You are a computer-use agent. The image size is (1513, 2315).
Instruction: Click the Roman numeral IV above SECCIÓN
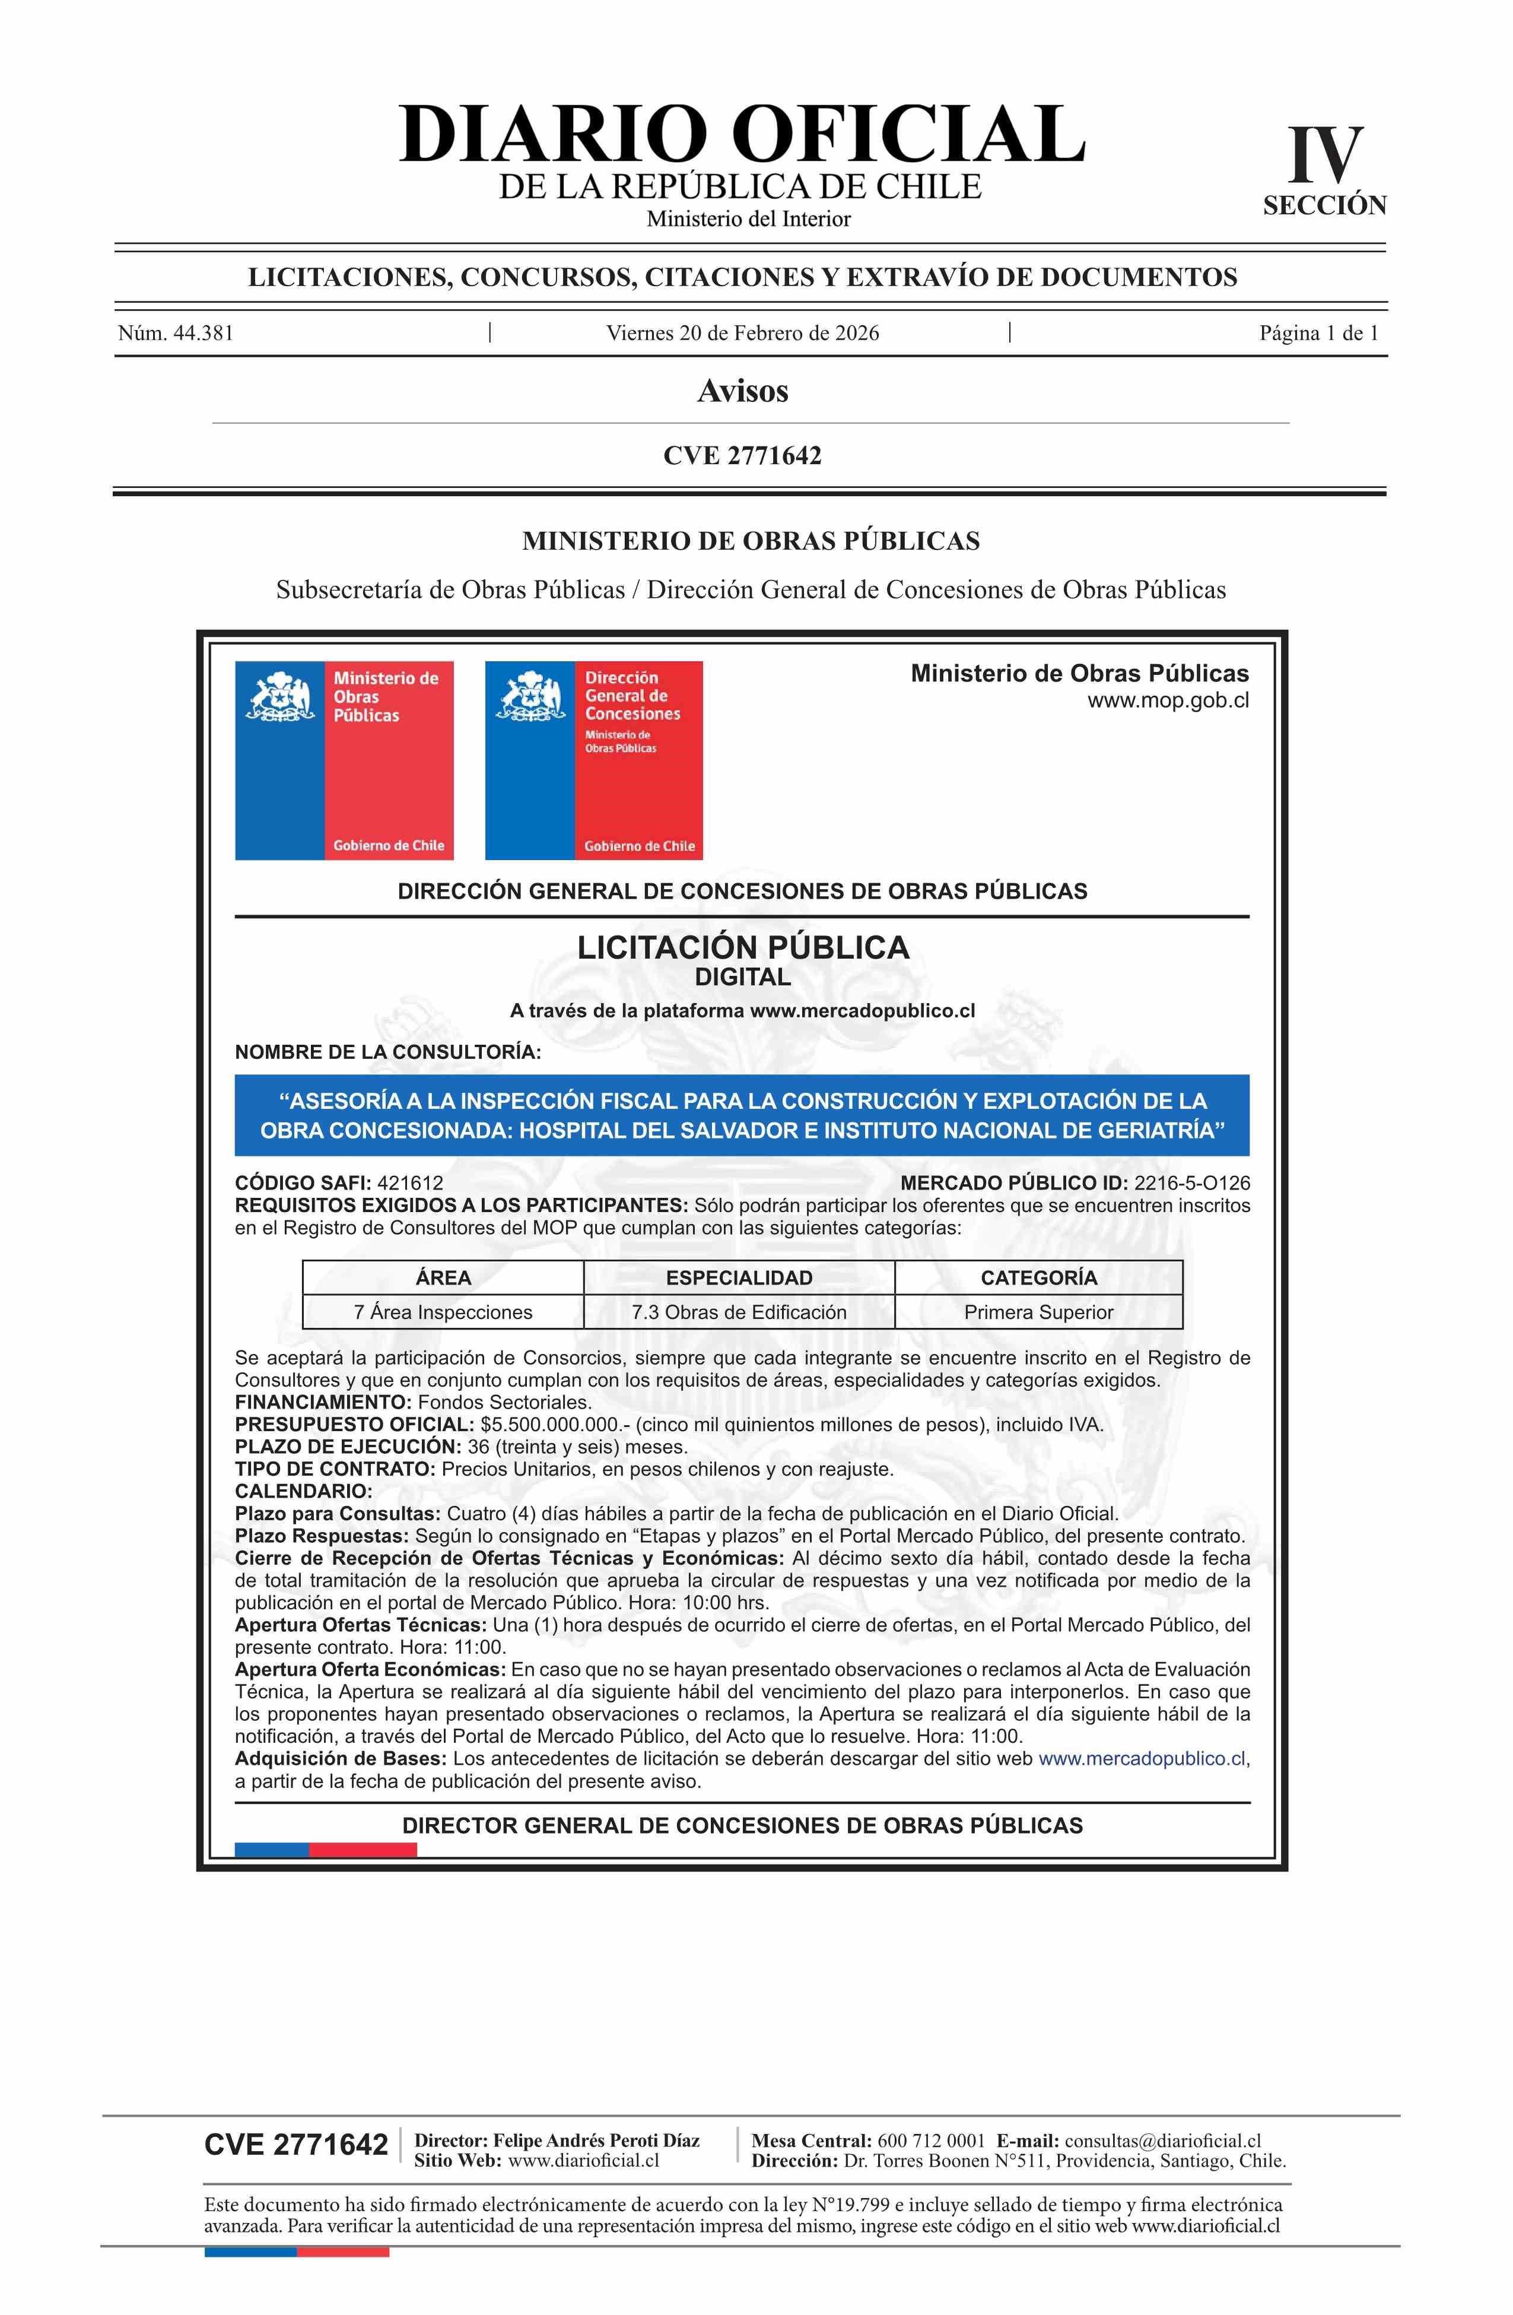pyautogui.click(x=1326, y=156)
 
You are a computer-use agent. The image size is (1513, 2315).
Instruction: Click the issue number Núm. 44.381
pyautogui.click(x=176, y=334)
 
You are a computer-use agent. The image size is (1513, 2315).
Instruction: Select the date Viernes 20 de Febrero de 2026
pyautogui.click(x=743, y=334)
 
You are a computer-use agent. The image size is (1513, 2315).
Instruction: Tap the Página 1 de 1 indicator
pyautogui.click(x=1318, y=334)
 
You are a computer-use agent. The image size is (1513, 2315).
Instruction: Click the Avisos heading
pyautogui.click(x=743, y=391)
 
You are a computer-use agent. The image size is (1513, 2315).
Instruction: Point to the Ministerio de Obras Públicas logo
pyautogui.click(x=344, y=760)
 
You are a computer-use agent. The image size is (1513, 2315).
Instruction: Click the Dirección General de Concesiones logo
pyautogui.click(x=593, y=760)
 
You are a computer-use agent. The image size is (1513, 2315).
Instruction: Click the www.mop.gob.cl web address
pyautogui.click(x=1168, y=700)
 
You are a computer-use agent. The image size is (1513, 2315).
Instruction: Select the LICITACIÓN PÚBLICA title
pyautogui.click(x=743, y=947)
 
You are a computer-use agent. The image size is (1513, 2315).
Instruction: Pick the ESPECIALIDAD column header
pyautogui.click(x=739, y=1277)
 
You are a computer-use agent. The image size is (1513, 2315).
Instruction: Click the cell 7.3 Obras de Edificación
pyautogui.click(x=739, y=1312)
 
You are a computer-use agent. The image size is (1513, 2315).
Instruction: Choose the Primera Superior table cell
pyautogui.click(x=1038, y=1312)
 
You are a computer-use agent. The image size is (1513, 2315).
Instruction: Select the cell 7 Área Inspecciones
pyautogui.click(x=443, y=1312)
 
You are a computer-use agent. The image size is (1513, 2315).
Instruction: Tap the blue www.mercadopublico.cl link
pyautogui.click(x=1142, y=1759)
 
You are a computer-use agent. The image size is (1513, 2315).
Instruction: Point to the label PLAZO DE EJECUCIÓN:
pyautogui.click(x=348, y=1447)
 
